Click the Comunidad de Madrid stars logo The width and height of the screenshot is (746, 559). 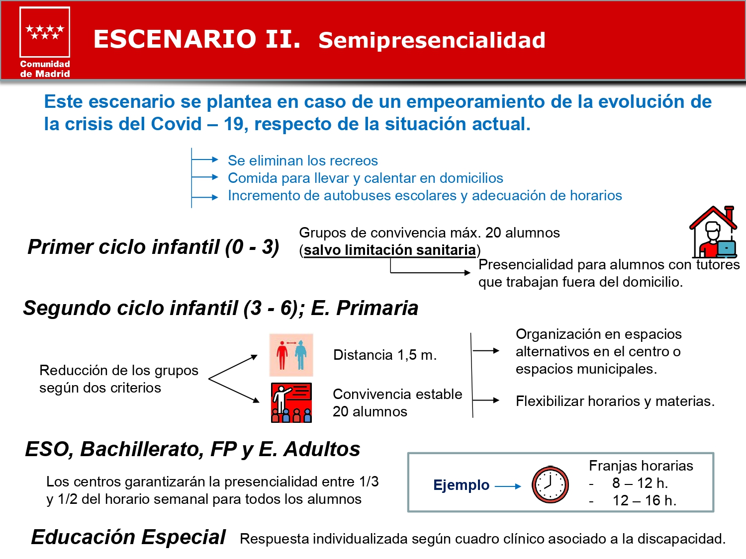coord(45,32)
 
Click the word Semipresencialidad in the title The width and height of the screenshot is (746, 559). coord(432,40)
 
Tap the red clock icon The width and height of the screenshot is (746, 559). coord(550,484)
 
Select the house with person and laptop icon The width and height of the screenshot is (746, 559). coord(713,232)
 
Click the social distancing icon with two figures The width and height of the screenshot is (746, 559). coord(291,355)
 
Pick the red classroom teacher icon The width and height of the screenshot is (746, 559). coord(291,402)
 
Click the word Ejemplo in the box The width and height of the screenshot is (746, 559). coord(461,485)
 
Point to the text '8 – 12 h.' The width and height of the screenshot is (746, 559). coord(640,483)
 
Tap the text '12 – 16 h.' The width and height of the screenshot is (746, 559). coord(645,500)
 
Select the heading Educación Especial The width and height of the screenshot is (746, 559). coord(128,537)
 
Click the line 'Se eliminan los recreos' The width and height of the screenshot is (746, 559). coord(303,160)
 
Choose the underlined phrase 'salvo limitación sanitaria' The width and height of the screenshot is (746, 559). coord(390,250)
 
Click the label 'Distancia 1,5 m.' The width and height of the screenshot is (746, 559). coord(385,355)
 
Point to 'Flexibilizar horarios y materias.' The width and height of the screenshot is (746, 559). coord(615,401)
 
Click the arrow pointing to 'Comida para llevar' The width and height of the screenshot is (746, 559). coord(204,177)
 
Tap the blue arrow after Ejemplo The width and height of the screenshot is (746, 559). coord(508,486)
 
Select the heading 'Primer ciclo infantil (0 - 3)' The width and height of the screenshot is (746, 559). coord(153,247)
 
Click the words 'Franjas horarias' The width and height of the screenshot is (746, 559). coord(641,466)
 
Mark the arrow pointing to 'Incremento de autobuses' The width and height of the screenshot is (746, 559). coord(204,197)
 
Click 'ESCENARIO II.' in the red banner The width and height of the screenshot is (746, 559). coord(197,39)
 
